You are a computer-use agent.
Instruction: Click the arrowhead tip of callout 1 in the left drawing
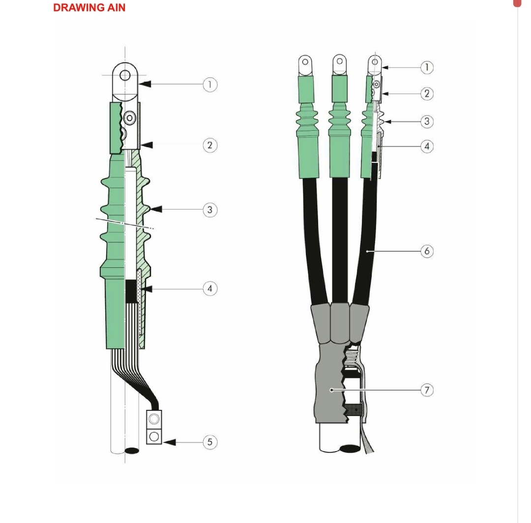pyautogui.click(x=139, y=84)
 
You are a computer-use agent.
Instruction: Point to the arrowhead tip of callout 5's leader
pyautogui.click(x=163, y=442)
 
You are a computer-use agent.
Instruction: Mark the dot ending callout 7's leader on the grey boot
pyautogui.click(x=332, y=390)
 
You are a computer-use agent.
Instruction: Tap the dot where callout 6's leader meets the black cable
pyautogui.click(x=367, y=251)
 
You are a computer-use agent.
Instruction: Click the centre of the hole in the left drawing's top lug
pyautogui.click(x=125, y=75)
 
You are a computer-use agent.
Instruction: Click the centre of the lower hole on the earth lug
pyautogui.click(x=154, y=436)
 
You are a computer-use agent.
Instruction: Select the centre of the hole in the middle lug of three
pyautogui.click(x=340, y=62)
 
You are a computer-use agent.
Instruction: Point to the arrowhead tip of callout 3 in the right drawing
pyautogui.click(x=384, y=122)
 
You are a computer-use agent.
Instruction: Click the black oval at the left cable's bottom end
pyautogui.click(x=132, y=451)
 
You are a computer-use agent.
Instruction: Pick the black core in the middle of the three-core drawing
pyautogui.click(x=340, y=241)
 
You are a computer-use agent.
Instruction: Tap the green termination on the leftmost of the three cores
pyautogui.click(x=307, y=127)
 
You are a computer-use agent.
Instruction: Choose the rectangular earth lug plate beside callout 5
pyautogui.click(x=154, y=428)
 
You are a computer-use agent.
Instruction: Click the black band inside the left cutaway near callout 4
pyautogui.click(x=131, y=291)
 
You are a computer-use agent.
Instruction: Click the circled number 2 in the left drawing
pyautogui.click(x=210, y=146)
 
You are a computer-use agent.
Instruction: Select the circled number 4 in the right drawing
pyautogui.click(x=427, y=147)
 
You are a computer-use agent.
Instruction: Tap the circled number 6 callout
pyautogui.click(x=427, y=251)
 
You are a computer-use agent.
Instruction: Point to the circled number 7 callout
pyautogui.click(x=427, y=390)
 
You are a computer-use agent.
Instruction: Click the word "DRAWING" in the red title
pyautogui.click(x=79, y=7)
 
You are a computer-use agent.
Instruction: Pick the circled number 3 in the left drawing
pyautogui.click(x=210, y=210)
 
